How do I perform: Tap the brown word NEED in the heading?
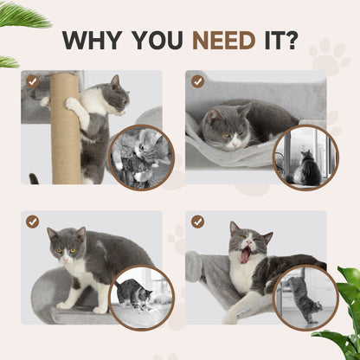tap(223, 41)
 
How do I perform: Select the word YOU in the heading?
tap(159, 41)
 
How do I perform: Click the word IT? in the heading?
tap(279, 41)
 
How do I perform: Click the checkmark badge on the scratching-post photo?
tap(32, 80)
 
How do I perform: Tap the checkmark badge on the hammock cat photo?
tap(197, 81)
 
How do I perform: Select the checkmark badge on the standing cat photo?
tap(32, 222)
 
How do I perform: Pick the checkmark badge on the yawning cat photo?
tap(197, 222)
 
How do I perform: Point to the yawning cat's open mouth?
tap(246, 254)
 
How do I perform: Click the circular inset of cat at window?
tap(305, 158)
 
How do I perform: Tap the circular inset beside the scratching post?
tap(141, 157)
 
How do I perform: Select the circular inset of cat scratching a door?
tap(305, 298)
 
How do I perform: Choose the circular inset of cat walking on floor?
tap(141, 298)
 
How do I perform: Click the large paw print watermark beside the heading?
tap(329, 56)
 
